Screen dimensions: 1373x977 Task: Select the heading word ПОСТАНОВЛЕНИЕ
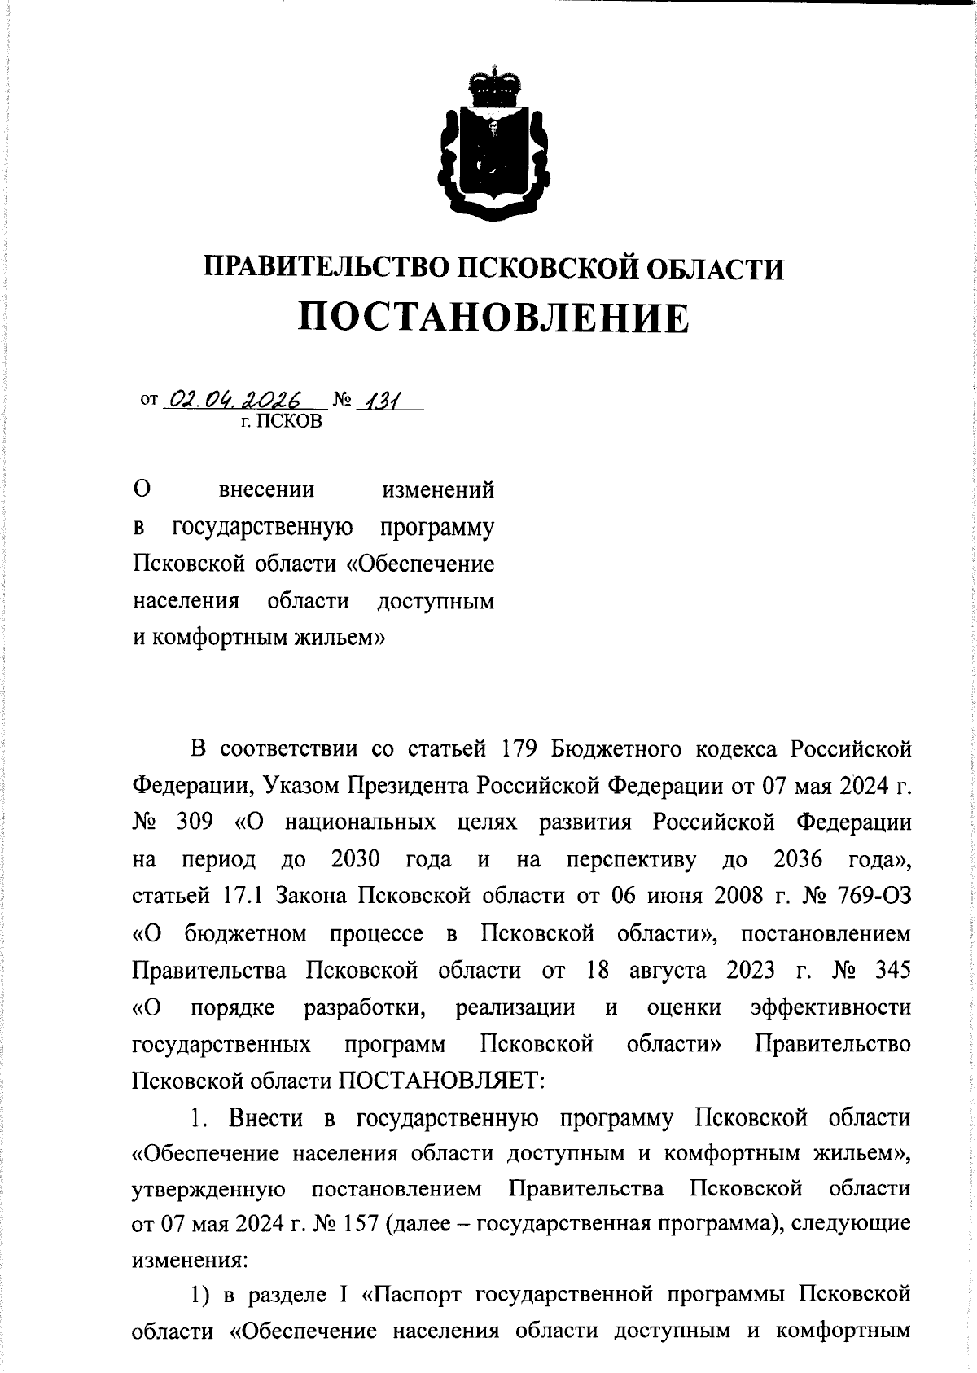coord(493,318)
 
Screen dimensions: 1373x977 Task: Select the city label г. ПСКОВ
coord(281,421)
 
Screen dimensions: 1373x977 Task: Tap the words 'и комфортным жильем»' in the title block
coord(259,637)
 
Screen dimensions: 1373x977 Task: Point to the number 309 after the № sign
coord(195,821)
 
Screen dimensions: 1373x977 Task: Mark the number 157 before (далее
coord(358,1224)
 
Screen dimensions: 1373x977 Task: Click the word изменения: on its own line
coord(190,1261)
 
